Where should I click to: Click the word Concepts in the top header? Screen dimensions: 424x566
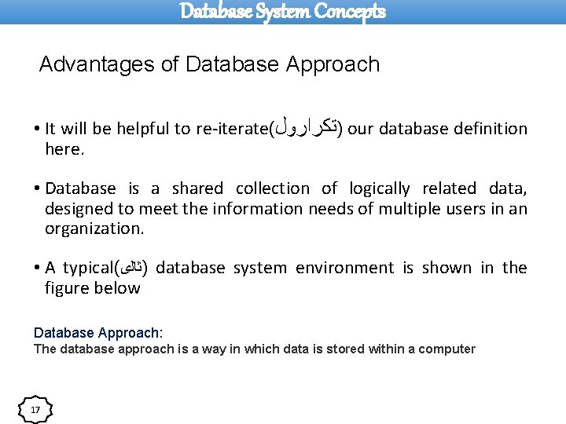pyautogui.click(x=350, y=12)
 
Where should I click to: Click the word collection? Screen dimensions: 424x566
pyautogui.click(x=273, y=188)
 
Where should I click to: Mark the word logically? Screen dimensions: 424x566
pyautogui.click(x=380, y=189)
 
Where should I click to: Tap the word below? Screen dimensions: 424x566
pyautogui.click(x=119, y=288)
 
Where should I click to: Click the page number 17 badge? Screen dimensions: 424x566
pyautogui.click(x=35, y=410)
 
